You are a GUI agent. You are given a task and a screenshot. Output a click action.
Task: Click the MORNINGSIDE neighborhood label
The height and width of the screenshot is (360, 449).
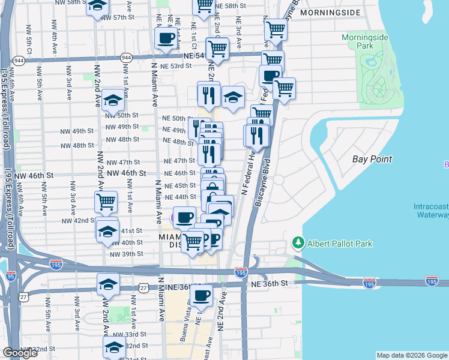point(339,12)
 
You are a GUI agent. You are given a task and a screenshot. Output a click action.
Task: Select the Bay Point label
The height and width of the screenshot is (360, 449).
point(372,159)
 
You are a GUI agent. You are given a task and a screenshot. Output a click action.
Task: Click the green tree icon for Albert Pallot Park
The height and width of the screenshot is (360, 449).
point(297,243)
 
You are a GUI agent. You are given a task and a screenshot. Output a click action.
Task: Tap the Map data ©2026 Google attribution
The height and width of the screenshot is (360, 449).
point(412,355)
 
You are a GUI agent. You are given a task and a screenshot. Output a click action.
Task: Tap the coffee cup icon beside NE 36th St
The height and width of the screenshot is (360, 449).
point(202,295)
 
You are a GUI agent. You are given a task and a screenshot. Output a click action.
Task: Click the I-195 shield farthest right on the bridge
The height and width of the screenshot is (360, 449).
point(431,281)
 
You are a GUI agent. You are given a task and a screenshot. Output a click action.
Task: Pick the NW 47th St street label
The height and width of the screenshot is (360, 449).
point(122,163)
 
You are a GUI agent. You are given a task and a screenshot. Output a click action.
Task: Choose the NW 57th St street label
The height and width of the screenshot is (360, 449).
point(117,17)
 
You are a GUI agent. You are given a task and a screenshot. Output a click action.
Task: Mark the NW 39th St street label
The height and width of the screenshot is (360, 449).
point(126,254)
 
